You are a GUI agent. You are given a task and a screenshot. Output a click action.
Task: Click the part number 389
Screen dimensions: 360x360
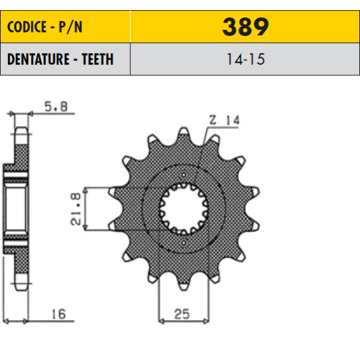(x=245, y=27)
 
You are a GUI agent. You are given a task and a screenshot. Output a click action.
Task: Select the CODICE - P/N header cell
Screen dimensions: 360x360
(x=65, y=26)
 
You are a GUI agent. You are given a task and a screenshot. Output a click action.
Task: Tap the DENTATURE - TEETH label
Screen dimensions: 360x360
(x=61, y=59)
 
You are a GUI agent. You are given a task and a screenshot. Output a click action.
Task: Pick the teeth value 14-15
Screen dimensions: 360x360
(x=245, y=59)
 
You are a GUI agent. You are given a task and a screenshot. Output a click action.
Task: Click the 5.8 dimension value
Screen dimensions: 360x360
(x=56, y=107)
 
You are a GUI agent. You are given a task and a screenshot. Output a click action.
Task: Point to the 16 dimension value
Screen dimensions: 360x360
(x=59, y=314)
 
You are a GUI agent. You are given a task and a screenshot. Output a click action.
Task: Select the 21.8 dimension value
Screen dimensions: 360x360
(x=76, y=209)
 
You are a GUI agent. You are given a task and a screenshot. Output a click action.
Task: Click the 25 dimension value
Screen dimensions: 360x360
(x=182, y=314)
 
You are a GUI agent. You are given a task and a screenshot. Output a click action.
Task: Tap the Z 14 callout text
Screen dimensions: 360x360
(x=224, y=120)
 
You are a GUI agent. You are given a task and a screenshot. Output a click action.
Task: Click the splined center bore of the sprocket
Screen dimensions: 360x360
(x=184, y=208)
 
